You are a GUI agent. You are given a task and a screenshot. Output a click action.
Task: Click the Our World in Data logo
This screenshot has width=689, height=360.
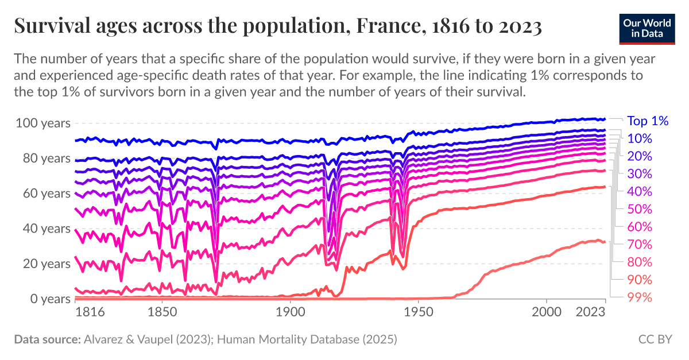coord(647,27)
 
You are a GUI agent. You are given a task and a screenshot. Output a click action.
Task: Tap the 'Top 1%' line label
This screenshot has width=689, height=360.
coord(648,121)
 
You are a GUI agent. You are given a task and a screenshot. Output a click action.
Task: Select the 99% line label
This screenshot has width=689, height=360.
coord(639,297)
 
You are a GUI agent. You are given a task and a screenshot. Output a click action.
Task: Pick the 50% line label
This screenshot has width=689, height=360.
coord(639,209)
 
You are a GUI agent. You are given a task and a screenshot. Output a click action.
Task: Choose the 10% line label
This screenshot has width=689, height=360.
coord(639,138)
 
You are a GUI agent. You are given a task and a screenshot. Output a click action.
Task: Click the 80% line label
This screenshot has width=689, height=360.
coord(639,262)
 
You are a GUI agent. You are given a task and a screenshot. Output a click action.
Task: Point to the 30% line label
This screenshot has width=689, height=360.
coord(639,173)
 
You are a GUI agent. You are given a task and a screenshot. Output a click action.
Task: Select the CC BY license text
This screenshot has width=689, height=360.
coord(655,339)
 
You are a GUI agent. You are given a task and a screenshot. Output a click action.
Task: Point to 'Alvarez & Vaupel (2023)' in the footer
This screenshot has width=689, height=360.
coord(148,339)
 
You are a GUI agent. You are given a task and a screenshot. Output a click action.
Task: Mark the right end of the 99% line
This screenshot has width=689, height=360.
coord(605,242)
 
